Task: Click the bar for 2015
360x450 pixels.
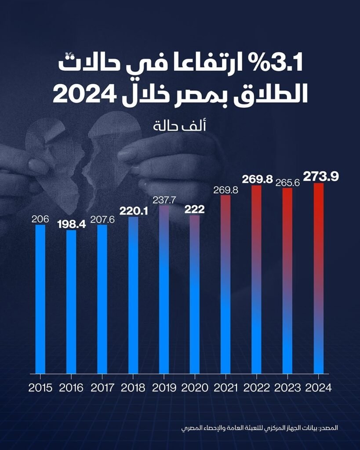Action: click(40, 299)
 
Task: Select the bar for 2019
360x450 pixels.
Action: click(164, 290)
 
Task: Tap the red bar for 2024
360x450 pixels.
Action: click(319, 278)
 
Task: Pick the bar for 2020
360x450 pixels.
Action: click(195, 294)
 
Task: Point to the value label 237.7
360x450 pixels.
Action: click(164, 200)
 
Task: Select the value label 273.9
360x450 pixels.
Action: click(321, 177)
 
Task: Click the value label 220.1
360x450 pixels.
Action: click(134, 211)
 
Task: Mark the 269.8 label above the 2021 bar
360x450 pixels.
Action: click(225, 190)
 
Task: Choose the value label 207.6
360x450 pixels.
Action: click(102, 220)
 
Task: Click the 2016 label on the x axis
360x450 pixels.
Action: click(71, 388)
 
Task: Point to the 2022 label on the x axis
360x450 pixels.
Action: click(257, 388)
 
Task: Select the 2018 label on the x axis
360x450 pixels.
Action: click(133, 388)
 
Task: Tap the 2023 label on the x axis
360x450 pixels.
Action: click(287, 388)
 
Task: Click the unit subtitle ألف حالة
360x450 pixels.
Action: click(180, 126)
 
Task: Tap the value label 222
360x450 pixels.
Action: click(194, 210)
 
